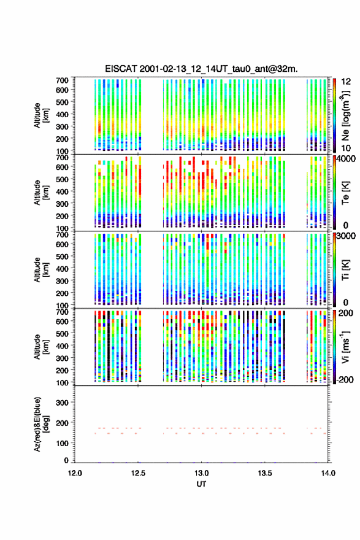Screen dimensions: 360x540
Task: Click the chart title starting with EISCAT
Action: point(201,69)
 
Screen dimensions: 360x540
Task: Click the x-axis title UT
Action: point(201,484)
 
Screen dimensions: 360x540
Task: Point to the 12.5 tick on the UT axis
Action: point(139,473)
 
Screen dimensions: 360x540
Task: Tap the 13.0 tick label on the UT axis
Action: point(201,473)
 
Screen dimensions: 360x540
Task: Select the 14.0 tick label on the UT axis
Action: point(328,473)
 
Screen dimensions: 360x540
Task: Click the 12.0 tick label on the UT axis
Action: point(75,473)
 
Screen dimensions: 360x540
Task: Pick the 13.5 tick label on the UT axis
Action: point(265,473)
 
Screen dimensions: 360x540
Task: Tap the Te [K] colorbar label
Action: point(345,193)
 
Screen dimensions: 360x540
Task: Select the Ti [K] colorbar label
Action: point(345,269)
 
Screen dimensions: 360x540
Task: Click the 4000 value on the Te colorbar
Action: point(347,160)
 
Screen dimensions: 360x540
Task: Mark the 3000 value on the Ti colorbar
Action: point(347,236)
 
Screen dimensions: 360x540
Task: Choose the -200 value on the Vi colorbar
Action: point(345,379)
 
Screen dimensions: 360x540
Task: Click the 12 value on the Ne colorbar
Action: point(346,82)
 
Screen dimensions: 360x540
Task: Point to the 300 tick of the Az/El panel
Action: point(62,403)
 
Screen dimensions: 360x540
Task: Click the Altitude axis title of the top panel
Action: point(41,115)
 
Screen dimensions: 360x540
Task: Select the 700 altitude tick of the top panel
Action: point(62,80)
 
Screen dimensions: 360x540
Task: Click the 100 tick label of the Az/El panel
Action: point(62,443)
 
